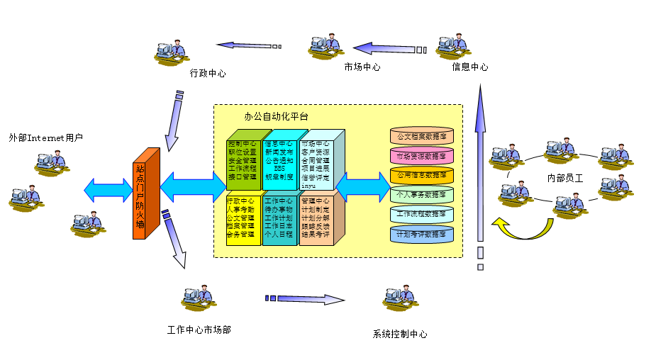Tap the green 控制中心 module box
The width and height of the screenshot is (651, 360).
[243, 161]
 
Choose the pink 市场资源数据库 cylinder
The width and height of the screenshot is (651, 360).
[422, 155]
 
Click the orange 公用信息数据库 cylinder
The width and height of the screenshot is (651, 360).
[422, 174]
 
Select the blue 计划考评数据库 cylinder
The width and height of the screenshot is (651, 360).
[422, 233]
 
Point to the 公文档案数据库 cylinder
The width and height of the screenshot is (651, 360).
[422, 135]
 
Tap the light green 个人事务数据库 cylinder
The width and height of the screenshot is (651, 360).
[422, 194]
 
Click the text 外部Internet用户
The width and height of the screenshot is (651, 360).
[46, 137]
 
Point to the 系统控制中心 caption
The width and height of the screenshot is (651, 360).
[400, 334]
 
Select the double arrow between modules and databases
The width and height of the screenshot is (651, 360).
[362, 187]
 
